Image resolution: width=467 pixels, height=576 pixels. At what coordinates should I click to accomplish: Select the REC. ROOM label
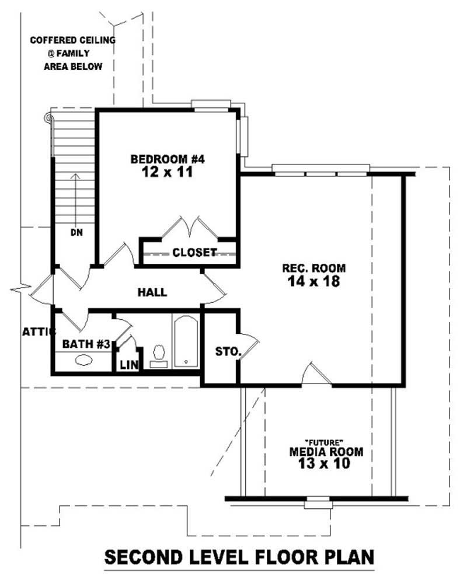314,268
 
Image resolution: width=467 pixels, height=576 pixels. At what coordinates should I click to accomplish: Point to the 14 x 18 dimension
314,282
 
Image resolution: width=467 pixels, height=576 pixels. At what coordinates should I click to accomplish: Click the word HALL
152,292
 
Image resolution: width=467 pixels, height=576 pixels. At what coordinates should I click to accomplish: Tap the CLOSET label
194,253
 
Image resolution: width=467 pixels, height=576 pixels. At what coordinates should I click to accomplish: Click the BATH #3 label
86,344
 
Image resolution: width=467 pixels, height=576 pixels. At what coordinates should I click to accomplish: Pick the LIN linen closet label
129,365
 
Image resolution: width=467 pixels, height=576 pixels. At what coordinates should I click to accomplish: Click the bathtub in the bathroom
186,342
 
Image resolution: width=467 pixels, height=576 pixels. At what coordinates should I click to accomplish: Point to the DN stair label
76,232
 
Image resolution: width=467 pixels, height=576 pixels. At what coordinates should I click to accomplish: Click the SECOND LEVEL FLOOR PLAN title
238,557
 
